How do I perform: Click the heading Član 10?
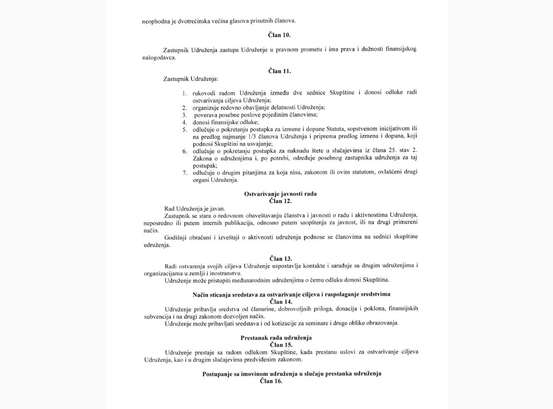(279, 35)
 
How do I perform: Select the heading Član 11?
(280, 71)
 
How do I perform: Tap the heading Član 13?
(280, 259)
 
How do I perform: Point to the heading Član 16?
(271, 381)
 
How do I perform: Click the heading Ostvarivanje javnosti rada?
(280, 194)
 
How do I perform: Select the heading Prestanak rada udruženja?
(276, 338)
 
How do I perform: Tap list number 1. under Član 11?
(184, 93)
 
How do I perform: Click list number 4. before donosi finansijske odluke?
(184, 122)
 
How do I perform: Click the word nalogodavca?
(159, 58)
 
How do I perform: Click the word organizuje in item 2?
(206, 107)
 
